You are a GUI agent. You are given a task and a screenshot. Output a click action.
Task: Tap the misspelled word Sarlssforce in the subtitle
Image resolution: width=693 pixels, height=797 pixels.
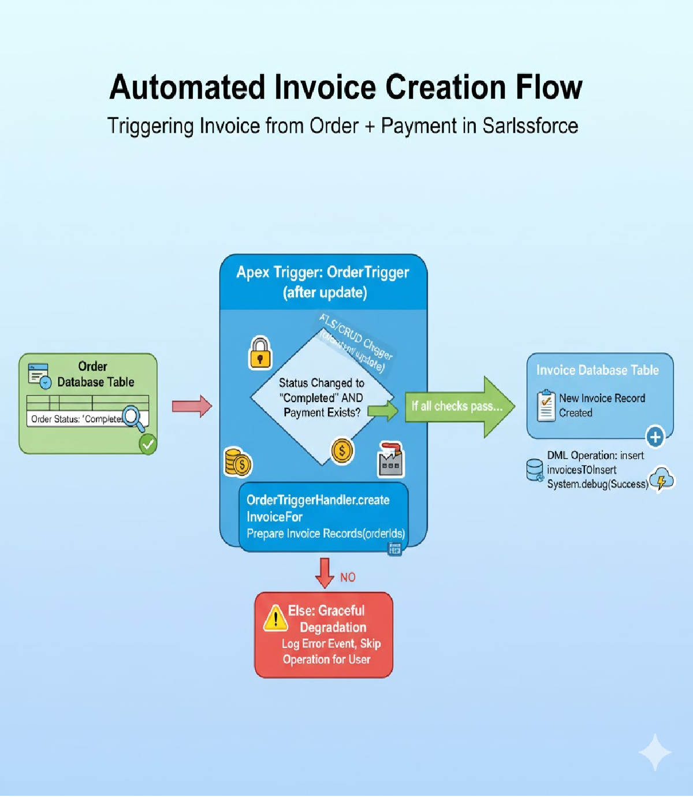(530, 126)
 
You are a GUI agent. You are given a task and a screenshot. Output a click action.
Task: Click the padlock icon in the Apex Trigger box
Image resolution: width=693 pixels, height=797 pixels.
(260, 353)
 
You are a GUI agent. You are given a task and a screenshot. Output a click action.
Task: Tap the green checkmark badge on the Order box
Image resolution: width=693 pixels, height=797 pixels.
(148, 444)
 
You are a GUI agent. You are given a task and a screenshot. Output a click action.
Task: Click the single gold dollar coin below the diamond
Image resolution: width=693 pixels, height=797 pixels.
(342, 450)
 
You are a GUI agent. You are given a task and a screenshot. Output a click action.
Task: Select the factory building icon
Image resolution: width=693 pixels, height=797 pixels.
(391, 460)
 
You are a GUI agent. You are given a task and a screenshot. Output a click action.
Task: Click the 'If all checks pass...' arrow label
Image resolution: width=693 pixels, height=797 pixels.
(456, 406)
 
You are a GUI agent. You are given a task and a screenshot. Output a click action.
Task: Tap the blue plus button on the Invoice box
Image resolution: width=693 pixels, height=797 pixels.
(655, 437)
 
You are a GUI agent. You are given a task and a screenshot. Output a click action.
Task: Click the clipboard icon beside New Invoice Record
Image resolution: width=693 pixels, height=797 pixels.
(546, 405)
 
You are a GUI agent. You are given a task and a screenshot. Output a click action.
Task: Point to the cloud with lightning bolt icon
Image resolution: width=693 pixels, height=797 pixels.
(661, 479)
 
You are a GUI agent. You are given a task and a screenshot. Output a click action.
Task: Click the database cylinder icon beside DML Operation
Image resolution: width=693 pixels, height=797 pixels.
(535, 470)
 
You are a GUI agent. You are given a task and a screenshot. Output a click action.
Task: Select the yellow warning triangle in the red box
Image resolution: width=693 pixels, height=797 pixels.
(275, 617)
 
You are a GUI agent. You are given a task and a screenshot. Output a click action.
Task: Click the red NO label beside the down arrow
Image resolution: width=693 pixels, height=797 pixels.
(348, 577)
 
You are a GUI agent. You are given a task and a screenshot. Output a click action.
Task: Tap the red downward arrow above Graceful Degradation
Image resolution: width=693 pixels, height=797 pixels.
(325, 572)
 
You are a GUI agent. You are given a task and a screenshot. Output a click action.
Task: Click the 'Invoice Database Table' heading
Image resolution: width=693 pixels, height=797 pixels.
(597, 370)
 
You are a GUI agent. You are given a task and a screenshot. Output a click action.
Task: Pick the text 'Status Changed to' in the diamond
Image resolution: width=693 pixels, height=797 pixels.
(322, 383)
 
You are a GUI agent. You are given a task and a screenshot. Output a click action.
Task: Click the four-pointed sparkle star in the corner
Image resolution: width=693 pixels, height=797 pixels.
(655, 752)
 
